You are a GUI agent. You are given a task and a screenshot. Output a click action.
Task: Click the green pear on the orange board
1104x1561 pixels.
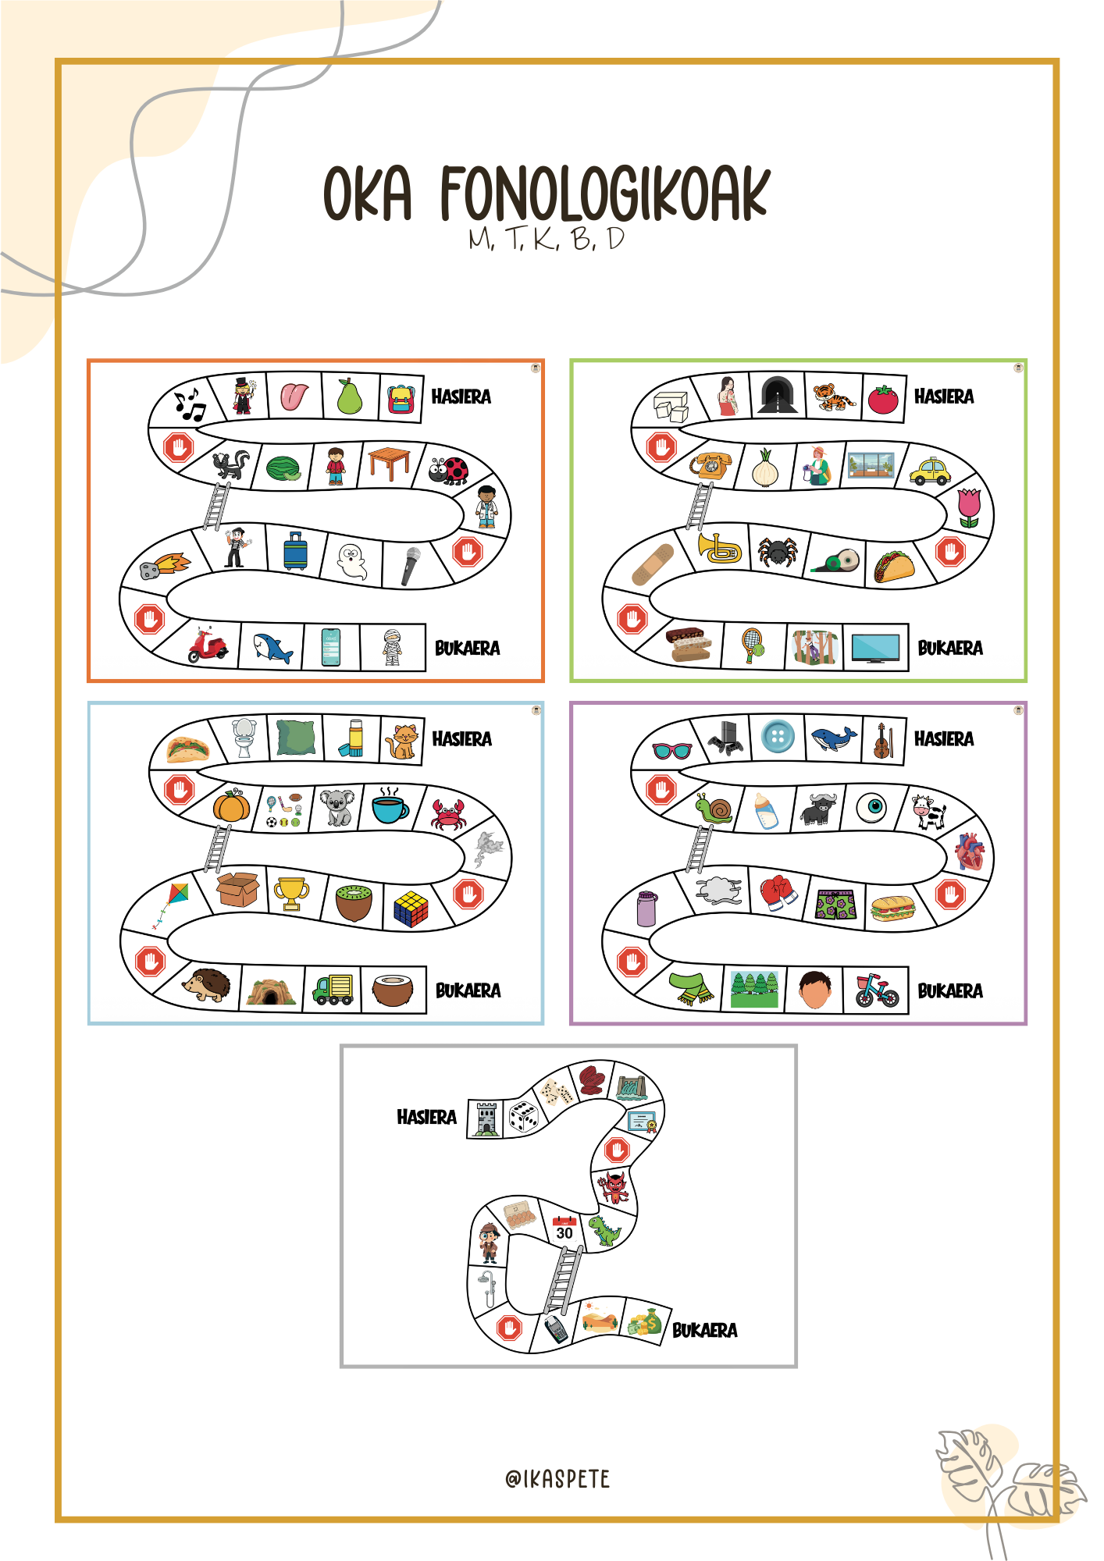pos(350,396)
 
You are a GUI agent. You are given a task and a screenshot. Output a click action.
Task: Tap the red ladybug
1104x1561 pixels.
pos(449,470)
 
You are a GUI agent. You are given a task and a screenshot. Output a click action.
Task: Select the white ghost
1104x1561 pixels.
pos(351,561)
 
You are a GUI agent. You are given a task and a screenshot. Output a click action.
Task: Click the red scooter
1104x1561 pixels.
pos(208,645)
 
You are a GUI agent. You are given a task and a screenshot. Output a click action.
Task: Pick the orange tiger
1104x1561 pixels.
pos(834,397)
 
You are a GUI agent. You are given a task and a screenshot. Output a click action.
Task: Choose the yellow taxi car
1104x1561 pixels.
pos(930,471)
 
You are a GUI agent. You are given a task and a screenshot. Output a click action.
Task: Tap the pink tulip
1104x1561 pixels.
pos(969,508)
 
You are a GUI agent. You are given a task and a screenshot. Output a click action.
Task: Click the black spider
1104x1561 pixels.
pos(778,552)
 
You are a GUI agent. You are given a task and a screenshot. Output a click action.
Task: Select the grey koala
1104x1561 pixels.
pos(337,807)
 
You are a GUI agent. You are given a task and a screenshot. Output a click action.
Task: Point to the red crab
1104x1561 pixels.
pos(448,814)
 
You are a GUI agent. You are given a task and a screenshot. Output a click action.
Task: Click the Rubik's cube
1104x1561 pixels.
pos(411,909)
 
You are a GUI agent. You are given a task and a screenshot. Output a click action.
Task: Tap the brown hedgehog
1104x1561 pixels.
pos(207,986)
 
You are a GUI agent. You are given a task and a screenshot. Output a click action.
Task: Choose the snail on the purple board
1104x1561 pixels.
pos(714,808)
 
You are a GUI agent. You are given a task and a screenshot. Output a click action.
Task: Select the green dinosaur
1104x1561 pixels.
pos(604,1230)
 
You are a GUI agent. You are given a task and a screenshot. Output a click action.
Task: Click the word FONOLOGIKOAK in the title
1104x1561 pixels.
pos(604,194)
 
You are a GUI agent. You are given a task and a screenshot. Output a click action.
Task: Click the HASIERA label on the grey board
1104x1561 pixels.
pos(426,1117)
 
